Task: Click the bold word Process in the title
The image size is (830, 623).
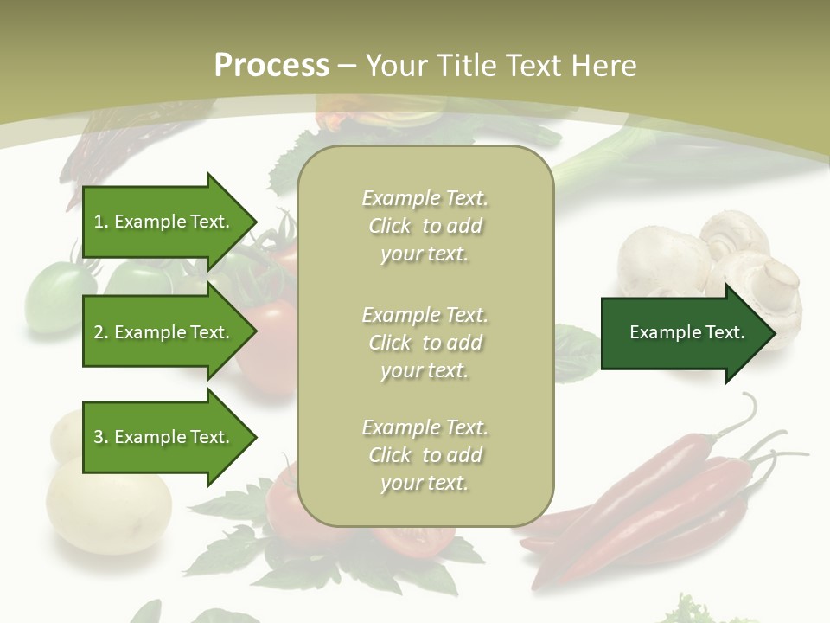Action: point(271,66)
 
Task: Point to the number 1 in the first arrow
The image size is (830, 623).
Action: point(99,222)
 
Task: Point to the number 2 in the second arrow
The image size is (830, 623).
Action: point(99,332)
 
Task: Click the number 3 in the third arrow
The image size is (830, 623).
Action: point(99,437)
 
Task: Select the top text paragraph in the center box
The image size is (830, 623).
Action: point(425,226)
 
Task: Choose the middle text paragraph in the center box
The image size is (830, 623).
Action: point(425,343)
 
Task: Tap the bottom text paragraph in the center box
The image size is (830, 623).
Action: point(425,455)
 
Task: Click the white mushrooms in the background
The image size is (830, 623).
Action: point(744,260)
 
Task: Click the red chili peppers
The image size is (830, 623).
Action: point(657,502)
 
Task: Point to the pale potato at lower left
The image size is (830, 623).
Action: point(108,506)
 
